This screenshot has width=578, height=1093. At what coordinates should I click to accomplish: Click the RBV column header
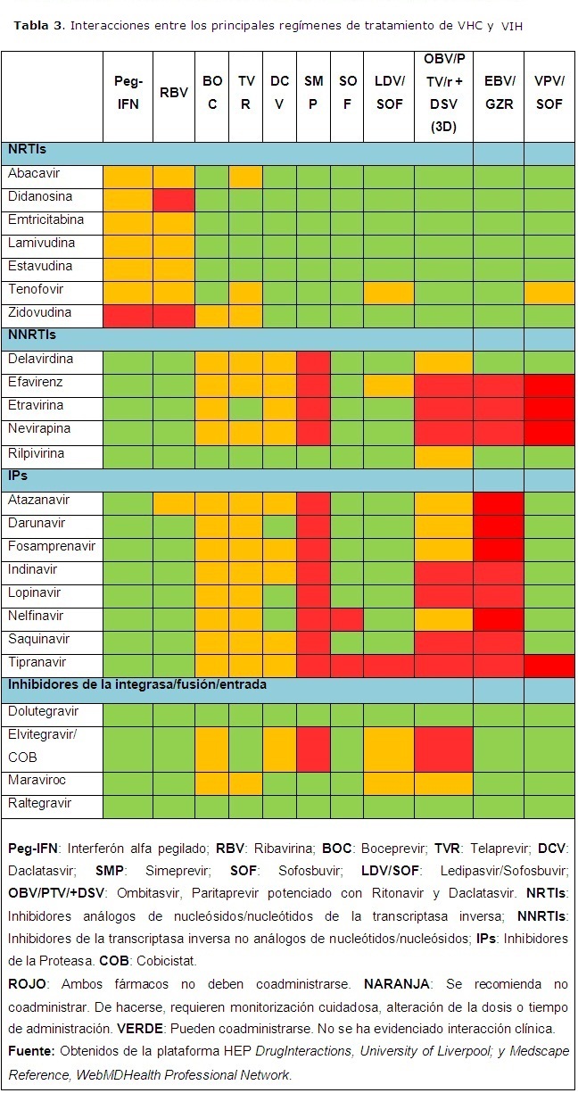[174, 92]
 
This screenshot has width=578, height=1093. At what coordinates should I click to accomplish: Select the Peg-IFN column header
[128, 92]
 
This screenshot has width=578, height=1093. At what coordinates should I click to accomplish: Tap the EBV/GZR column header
[498, 92]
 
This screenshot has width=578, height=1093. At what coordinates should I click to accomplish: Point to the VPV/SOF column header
[549, 92]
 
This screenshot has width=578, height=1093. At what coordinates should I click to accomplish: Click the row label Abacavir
[34, 174]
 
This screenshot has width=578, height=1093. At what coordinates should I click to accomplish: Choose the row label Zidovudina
[39, 313]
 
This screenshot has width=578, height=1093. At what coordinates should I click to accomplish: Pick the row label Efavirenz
[37, 383]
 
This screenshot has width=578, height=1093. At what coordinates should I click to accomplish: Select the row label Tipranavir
[38, 662]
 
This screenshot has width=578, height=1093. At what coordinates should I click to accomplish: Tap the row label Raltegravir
[40, 804]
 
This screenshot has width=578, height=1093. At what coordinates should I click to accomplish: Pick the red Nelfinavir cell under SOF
[347, 617]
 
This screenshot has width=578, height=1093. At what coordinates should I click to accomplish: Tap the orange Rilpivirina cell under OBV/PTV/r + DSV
[443, 454]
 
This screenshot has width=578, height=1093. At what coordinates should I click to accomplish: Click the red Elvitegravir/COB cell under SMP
[314, 746]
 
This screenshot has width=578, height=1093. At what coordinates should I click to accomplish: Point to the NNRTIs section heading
[31, 336]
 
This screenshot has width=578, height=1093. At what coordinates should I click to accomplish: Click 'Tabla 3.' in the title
[38, 25]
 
